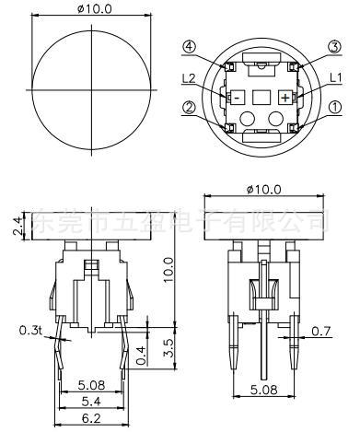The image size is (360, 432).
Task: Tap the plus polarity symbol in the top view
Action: click(286, 96)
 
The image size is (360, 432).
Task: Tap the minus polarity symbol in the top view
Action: click(237, 96)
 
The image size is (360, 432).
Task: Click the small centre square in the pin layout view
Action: click(262, 96)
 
